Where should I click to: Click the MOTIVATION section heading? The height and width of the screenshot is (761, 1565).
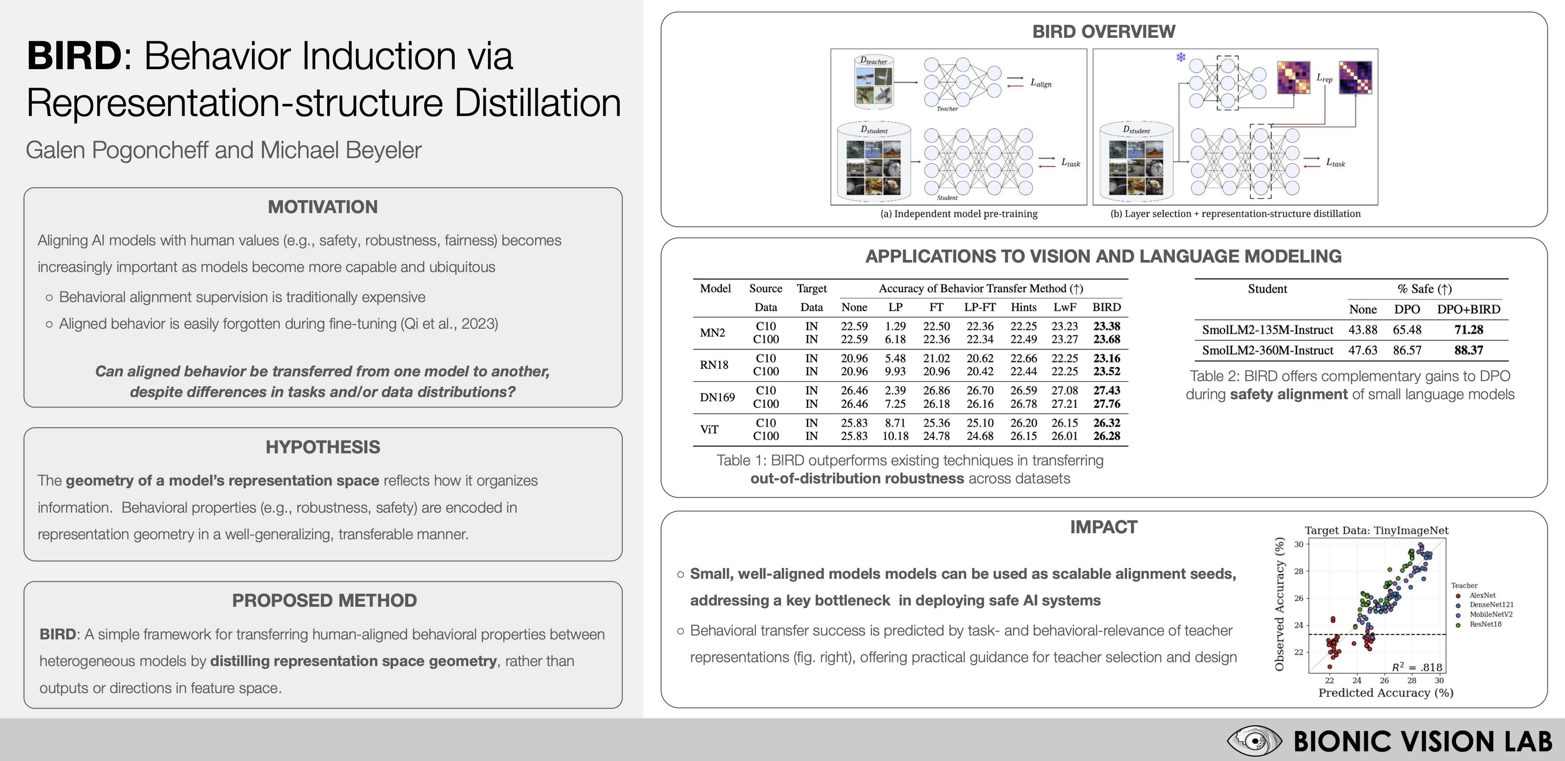tap(323, 207)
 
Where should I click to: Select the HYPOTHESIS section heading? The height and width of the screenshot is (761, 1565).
tap(323, 447)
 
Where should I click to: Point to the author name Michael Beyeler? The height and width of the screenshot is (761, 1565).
tap(341, 150)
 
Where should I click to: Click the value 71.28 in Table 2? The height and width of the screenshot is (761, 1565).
tap(1468, 330)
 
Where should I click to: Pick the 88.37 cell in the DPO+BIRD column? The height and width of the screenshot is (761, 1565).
tap(1468, 351)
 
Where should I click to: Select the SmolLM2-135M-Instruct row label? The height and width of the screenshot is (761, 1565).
tap(1267, 330)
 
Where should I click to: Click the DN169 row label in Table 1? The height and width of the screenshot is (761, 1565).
tap(717, 397)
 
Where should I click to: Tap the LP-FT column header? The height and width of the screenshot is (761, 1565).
tap(979, 307)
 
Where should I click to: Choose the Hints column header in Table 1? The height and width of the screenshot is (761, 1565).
tap(1023, 307)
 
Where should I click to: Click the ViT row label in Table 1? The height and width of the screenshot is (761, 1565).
tap(709, 429)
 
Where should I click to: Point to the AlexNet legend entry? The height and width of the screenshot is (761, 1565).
tap(1482, 595)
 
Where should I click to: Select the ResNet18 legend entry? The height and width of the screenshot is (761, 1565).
tap(1485, 624)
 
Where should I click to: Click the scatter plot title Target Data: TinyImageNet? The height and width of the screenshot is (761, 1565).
tap(1376, 530)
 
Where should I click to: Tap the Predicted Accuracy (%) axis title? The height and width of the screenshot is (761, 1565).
tap(1385, 692)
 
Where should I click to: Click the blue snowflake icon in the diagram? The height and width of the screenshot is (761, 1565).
tap(1180, 58)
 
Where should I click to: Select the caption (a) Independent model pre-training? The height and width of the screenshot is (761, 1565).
tap(959, 214)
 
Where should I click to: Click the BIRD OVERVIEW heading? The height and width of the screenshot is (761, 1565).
tap(1103, 31)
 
